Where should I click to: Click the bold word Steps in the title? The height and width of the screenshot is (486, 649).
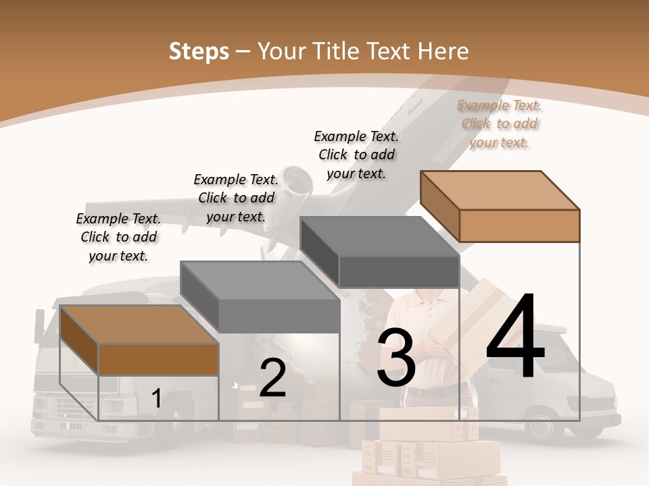[199, 51]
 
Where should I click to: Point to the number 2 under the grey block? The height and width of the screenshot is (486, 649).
[272, 378]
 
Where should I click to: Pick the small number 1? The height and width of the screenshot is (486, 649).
[156, 398]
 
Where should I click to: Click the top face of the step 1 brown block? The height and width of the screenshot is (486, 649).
[139, 324]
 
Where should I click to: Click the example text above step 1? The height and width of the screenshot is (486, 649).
[118, 237]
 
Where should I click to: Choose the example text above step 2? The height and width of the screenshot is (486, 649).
[236, 198]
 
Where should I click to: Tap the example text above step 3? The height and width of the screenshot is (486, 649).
[356, 155]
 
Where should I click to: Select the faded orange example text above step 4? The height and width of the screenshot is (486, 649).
[500, 124]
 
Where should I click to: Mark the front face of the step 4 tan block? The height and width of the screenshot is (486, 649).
[519, 225]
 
